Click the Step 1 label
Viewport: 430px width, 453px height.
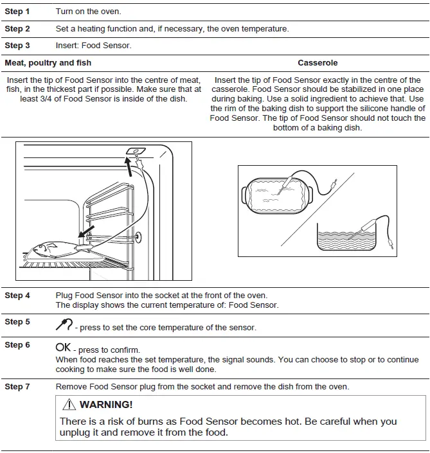[x=17, y=12]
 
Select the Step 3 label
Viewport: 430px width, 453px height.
[x=17, y=46]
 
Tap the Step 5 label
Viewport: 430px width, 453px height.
[x=17, y=321]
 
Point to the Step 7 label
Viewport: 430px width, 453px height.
[x=17, y=386]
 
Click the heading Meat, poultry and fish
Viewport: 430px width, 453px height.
[x=48, y=63]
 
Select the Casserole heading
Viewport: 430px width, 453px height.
[x=318, y=63]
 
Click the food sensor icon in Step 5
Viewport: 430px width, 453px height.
[x=64, y=325]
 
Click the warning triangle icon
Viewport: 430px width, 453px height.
[x=69, y=405]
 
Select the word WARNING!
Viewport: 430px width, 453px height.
[x=106, y=405]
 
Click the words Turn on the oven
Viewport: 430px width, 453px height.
[x=88, y=12]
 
